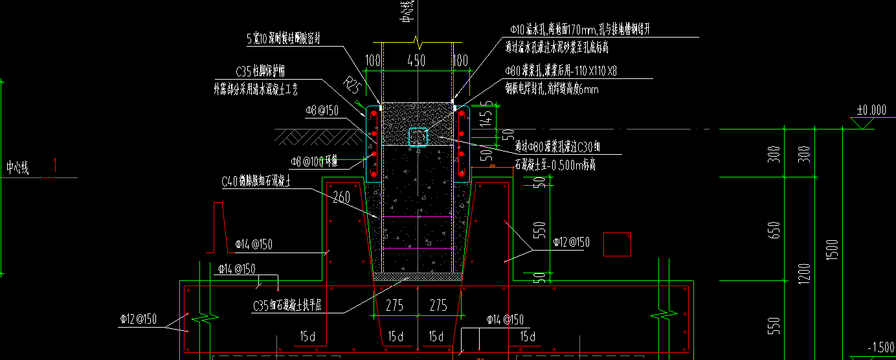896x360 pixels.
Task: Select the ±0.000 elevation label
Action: click(871, 110)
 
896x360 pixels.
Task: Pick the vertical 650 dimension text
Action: click(776, 230)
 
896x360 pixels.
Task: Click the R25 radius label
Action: click(352, 84)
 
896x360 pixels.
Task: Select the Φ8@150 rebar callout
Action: click(322, 111)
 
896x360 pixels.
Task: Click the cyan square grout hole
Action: click(418, 137)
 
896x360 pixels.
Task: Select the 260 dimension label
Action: click(341, 196)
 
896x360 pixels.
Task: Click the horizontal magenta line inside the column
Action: click(418, 216)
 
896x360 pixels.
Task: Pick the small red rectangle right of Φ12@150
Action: click(617, 244)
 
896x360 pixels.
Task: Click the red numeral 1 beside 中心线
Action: click(54, 166)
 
